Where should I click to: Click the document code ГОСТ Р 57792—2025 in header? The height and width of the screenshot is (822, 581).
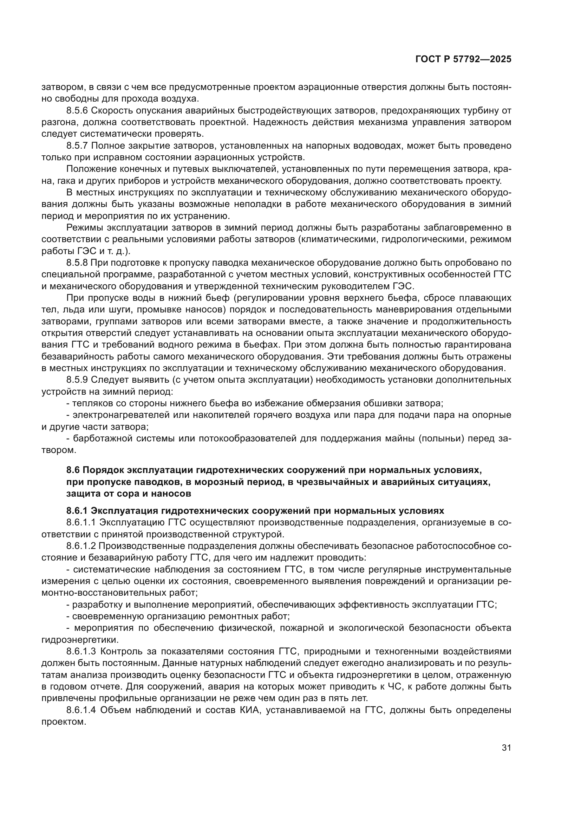click(x=463, y=59)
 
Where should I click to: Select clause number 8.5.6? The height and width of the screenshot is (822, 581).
click(x=77, y=110)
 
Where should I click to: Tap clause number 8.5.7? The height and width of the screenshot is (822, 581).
click(x=77, y=146)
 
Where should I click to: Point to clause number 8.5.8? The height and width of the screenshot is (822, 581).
click(x=77, y=263)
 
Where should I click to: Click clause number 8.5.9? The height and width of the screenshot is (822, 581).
click(x=77, y=380)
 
